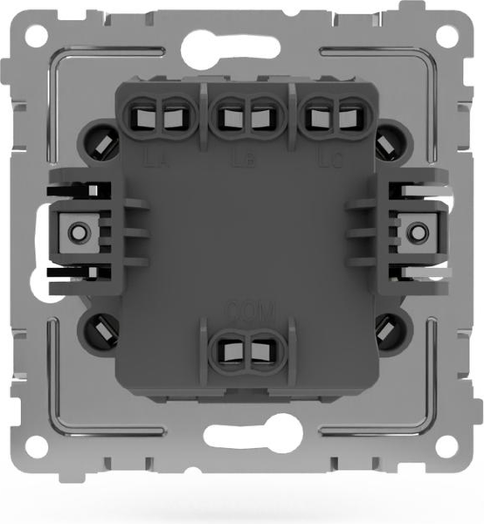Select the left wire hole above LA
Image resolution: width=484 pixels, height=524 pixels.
tap(141, 117)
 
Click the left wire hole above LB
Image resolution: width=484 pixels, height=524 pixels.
tap(230, 117)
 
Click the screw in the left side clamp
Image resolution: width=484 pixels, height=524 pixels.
tap(78, 231)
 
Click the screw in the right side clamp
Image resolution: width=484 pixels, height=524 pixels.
tap(418, 231)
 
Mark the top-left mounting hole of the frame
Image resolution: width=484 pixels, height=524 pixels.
tap(36, 36)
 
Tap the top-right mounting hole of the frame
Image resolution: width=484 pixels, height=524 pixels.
tap(446, 36)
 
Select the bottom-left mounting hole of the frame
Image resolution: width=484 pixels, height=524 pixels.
tap(36, 446)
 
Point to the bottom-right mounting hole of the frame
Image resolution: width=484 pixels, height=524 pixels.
tap(446, 446)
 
